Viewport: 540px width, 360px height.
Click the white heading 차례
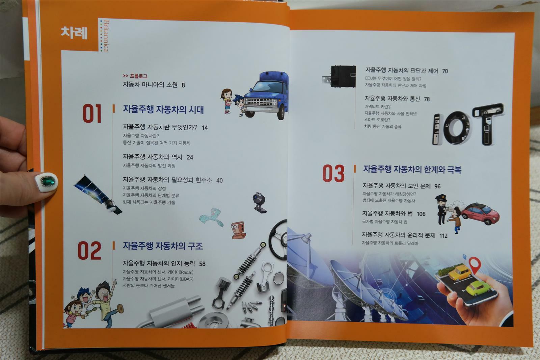(74, 33)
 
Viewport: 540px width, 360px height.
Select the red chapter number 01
(92, 114)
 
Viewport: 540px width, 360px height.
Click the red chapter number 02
(89, 251)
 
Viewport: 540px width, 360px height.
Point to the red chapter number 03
(334, 173)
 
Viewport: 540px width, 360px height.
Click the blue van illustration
(266, 95)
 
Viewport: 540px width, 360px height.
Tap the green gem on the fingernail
(48, 181)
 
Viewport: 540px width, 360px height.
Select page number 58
(202, 264)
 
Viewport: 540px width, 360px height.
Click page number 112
(443, 236)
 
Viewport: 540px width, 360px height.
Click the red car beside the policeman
(481, 213)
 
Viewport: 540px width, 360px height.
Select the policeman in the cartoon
(442, 209)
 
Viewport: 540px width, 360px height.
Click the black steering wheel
(278, 239)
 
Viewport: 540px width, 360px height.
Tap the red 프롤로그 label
(138, 76)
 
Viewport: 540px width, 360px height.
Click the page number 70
(445, 71)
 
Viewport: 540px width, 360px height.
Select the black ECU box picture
(340, 76)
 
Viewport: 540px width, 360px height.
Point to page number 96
(437, 186)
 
